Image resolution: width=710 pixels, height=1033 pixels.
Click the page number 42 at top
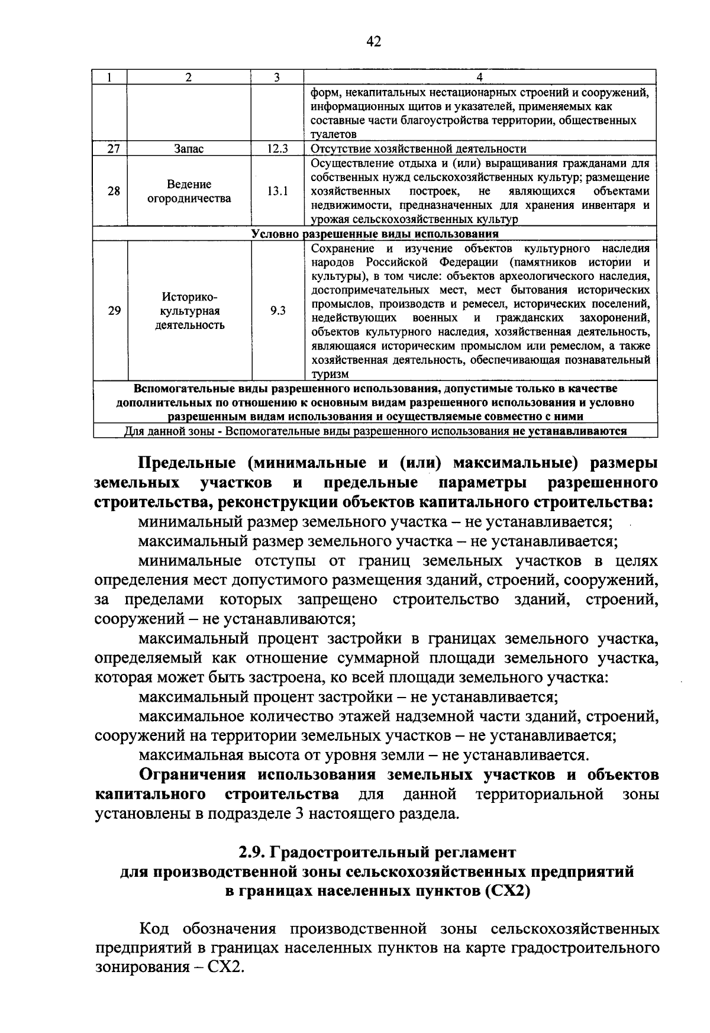373,41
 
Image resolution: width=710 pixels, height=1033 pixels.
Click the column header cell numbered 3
276,78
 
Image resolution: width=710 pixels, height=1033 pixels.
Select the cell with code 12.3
276,149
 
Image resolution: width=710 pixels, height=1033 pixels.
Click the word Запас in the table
189,149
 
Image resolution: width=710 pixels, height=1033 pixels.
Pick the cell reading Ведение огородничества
189,191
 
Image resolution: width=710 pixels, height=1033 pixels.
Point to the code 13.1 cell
276,191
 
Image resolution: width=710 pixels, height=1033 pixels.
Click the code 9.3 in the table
276,311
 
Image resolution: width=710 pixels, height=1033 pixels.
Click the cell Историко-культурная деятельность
189,311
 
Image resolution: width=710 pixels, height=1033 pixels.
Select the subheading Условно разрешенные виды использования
375,234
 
